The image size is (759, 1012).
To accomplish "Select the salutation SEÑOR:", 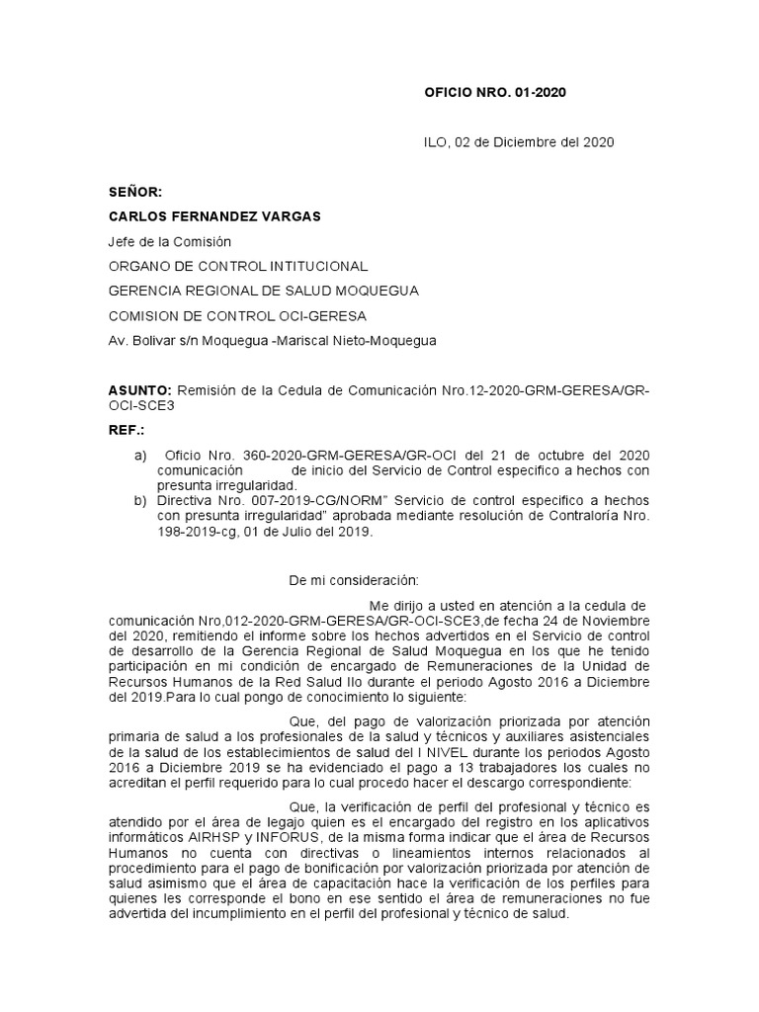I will click(x=133, y=192).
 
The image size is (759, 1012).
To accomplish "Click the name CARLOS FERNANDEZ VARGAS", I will click(x=214, y=216).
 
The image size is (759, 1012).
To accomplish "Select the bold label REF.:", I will click(x=126, y=431).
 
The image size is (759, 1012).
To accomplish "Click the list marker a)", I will click(x=139, y=455).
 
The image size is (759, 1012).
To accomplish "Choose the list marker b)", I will click(x=139, y=501).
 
